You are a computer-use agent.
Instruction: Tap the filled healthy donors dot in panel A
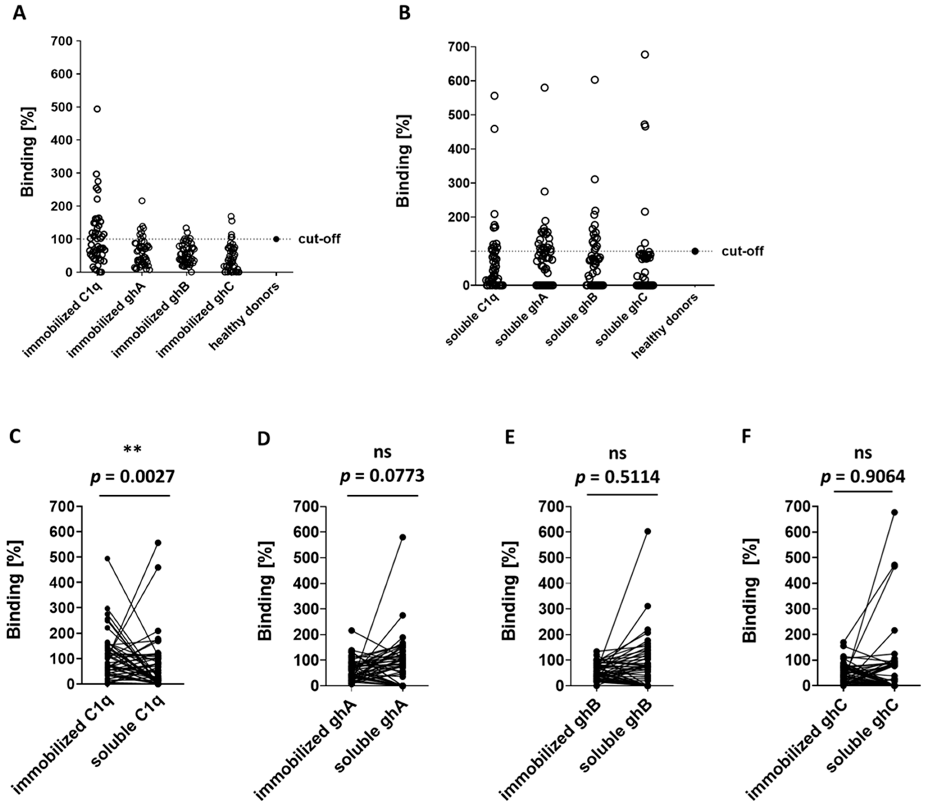(x=276, y=239)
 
